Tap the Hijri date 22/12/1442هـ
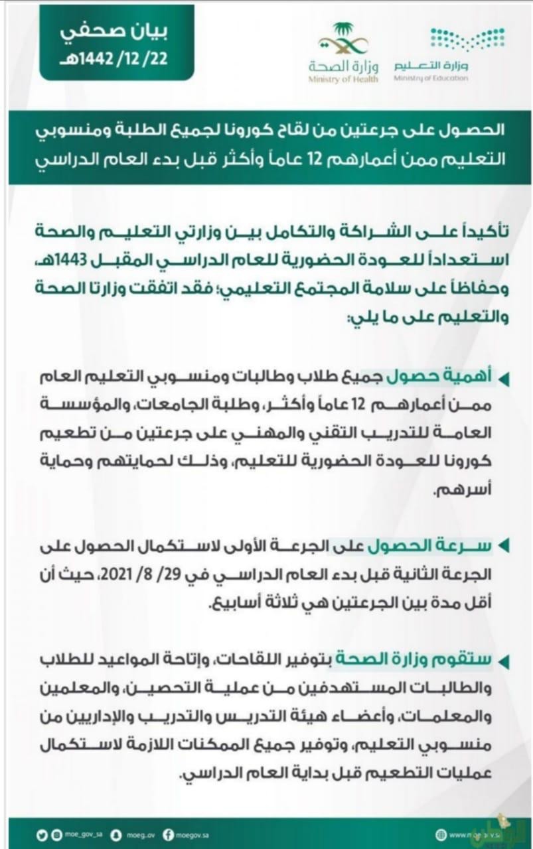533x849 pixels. (x=116, y=58)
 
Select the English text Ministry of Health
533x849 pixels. (x=343, y=80)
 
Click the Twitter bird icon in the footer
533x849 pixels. (x=41, y=832)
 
